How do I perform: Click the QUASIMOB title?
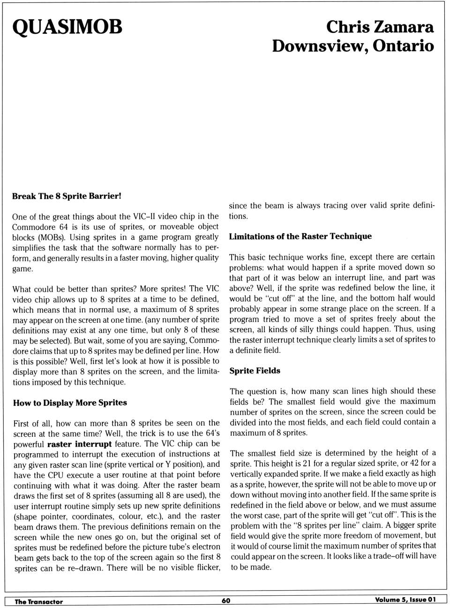pyautogui.click(x=67, y=27)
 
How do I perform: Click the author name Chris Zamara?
pyautogui.click(x=380, y=27)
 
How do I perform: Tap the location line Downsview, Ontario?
pyautogui.click(x=353, y=46)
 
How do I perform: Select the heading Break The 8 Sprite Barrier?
pyautogui.click(x=67, y=196)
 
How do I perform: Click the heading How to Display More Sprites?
pyautogui.click(x=70, y=403)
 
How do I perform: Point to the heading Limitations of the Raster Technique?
pyautogui.click(x=300, y=236)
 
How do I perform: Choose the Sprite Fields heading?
pyautogui.click(x=255, y=371)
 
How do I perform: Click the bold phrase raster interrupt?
pyautogui.click(x=79, y=444)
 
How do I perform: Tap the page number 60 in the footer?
pyautogui.click(x=226, y=600)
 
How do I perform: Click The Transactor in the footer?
pyautogui.click(x=38, y=601)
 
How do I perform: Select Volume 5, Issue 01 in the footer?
pyautogui.click(x=405, y=600)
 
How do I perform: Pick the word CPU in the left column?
pyautogui.click(x=55, y=475)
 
